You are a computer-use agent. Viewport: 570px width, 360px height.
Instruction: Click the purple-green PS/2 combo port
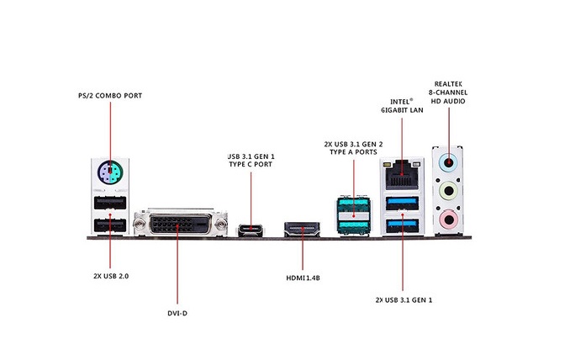(110, 172)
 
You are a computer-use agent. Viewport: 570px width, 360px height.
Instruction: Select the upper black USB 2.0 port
(110, 203)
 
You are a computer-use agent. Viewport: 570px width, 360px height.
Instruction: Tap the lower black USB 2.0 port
(110, 225)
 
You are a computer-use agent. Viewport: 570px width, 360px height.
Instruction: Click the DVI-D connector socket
(181, 224)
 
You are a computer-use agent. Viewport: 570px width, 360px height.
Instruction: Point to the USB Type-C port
(251, 230)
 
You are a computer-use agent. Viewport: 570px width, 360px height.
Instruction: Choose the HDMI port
(302, 229)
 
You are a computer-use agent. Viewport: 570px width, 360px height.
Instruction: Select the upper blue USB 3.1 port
(403, 204)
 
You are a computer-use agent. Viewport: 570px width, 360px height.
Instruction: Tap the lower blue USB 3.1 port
(403, 225)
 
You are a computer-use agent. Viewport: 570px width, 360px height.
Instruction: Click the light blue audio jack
(449, 162)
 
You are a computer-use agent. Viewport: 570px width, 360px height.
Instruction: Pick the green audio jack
(449, 191)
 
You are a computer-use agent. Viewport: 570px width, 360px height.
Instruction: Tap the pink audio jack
(449, 220)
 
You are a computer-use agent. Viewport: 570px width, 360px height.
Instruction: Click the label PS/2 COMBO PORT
(110, 96)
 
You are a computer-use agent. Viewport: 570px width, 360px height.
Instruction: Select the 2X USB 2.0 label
(111, 276)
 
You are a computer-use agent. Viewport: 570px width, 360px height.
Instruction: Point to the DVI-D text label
(177, 313)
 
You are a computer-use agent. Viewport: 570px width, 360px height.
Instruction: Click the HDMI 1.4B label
(303, 278)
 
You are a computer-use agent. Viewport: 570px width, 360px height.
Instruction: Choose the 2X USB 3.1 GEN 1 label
(404, 300)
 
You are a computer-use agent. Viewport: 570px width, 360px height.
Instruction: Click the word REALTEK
(448, 84)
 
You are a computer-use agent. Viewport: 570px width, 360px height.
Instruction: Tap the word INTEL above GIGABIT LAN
(400, 102)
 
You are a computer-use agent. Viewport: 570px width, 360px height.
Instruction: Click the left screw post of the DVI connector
(140, 224)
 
